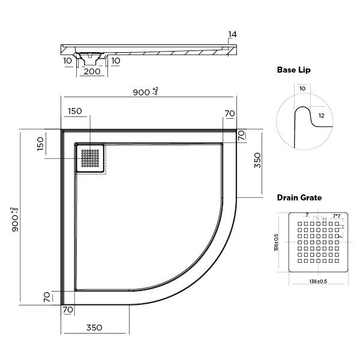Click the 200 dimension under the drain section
pyautogui.click(x=92, y=71)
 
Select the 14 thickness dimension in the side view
pyautogui.click(x=233, y=35)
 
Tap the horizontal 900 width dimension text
pyautogui.click(x=144, y=92)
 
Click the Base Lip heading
pyautogui.click(x=293, y=70)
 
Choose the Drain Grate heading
pyautogui.click(x=299, y=197)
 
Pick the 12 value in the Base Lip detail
pyautogui.click(x=322, y=115)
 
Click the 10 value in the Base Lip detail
pyautogui.click(x=302, y=89)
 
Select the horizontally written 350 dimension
pyautogui.click(x=93, y=328)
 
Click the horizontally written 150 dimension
pyautogui.click(x=76, y=112)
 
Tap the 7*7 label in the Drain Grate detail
pyautogui.click(x=336, y=215)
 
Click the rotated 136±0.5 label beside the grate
pyautogui.click(x=277, y=244)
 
